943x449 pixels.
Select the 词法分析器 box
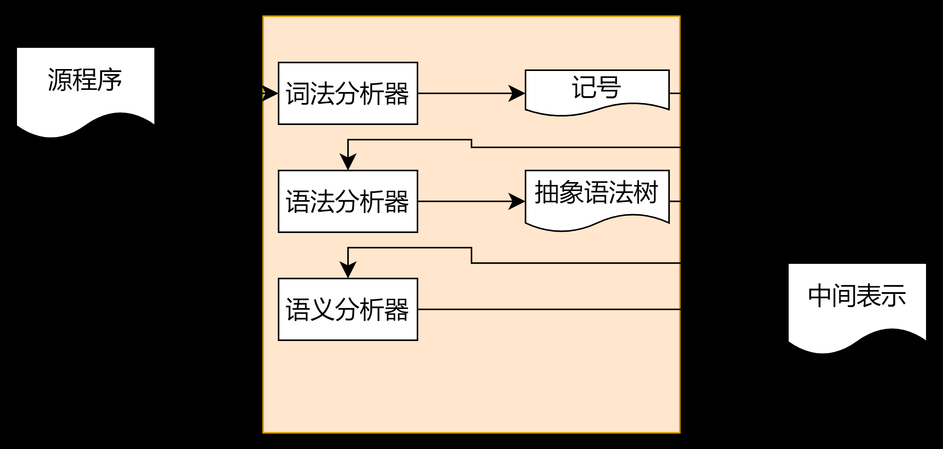pos(348,93)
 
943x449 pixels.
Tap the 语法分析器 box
pos(348,201)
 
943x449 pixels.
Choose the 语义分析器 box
pos(348,309)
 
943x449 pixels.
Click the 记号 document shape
pos(597,91)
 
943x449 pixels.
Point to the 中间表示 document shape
pos(857,305)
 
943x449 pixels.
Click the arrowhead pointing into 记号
pos(517,93)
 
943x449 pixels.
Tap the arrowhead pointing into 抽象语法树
pos(517,201)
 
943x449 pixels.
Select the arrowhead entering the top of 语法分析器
pos(348,162)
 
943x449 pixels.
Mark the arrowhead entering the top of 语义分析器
pos(348,270)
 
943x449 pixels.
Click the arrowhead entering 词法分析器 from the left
pos(270,93)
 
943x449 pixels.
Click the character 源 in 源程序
pos(60,80)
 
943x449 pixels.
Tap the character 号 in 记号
pos(609,87)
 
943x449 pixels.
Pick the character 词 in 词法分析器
pos(298,93)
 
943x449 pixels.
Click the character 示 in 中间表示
pos(894,296)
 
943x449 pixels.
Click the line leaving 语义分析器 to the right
pos(549,309)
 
